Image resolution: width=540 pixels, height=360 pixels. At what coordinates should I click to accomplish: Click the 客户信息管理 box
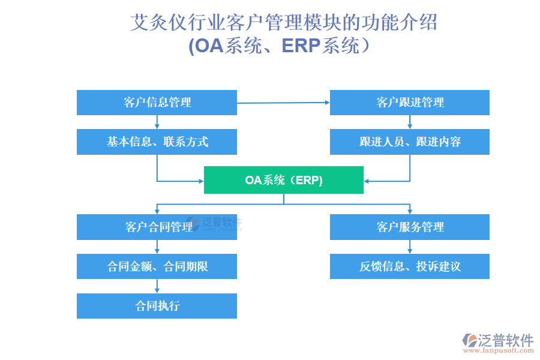157,103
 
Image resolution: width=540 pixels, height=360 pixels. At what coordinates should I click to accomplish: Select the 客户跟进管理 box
410,103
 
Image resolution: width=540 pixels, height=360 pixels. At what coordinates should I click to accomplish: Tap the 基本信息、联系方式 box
157,142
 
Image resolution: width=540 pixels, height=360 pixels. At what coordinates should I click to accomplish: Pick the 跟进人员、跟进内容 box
410,142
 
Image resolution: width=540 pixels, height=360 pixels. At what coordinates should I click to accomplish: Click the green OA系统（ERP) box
284,180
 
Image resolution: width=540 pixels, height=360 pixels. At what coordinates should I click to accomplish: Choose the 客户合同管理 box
157,227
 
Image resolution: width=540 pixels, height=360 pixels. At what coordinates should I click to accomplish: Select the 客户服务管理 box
410,227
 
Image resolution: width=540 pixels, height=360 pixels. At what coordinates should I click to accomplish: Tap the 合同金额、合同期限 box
157,266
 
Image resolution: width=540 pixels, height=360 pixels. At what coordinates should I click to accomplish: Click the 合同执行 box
157,305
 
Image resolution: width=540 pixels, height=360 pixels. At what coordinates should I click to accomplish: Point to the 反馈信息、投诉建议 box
410,266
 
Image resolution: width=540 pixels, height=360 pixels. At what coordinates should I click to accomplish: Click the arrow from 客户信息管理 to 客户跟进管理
283,103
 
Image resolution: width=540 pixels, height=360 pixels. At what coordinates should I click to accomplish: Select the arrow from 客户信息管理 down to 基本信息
157,122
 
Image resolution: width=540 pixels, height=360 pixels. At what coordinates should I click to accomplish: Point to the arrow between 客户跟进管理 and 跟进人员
410,122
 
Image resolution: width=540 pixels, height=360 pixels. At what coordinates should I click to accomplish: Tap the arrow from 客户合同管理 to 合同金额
157,247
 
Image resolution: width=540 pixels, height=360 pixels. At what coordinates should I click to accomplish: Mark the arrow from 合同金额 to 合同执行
157,286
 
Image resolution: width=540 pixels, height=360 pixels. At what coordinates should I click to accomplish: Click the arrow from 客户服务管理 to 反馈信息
410,247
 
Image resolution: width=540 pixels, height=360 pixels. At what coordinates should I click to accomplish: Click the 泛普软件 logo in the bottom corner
497,340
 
